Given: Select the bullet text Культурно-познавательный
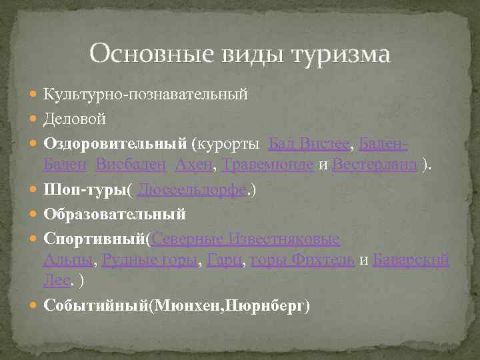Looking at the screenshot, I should click(x=146, y=95).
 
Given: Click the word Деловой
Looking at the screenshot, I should click(x=74, y=119).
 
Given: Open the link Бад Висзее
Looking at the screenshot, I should click(x=309, y=143).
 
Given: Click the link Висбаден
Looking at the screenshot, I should click(x=131, y=164).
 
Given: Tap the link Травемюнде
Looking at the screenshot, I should click(x=267, y=164).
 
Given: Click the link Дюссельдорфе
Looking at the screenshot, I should click(x=192, y=190).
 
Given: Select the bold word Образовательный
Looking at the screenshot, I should click(x=115, y=214).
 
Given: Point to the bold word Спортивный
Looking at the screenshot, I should click(x=95, y=238).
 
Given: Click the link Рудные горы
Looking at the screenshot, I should click(x=150, y=259).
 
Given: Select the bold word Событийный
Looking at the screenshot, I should click(x=95, y=305).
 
